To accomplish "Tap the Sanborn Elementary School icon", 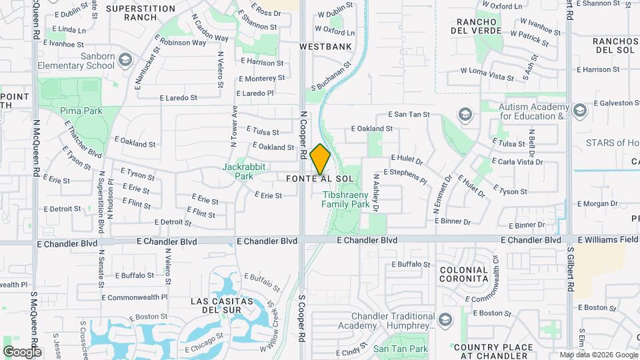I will pos(125,61).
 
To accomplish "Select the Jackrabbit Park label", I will pos(238,171).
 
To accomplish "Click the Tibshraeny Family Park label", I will pos(346,200).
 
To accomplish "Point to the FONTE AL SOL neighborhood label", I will pos(320,179).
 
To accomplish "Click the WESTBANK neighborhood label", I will pos(325,47).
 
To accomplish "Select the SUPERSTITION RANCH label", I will pos(140,13).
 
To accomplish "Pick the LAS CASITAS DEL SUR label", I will pos(222,305).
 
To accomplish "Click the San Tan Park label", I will pos(400,349).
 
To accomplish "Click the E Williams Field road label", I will pos(608,239).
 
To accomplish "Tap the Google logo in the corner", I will pos(21,351).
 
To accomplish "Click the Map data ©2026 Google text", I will pos(598,355).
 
